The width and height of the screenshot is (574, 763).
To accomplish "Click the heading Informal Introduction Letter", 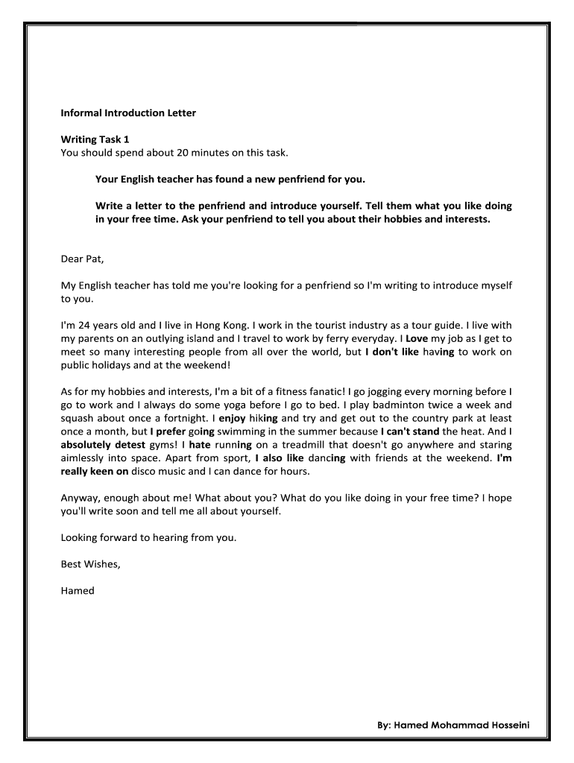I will pyautogui.click(x=127, y=113).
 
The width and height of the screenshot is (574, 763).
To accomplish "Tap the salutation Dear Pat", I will pyautogui.click(x=83, y=259).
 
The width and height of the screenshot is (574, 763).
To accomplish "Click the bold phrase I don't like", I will pyautogui.click(x=392, y=352).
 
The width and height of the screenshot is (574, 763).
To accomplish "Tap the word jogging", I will pyautogui.click(x=382, y=390).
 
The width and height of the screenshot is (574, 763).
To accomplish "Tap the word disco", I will pyautogui.click(x=149, y=471).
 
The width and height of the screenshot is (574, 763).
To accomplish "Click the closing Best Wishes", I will pyautogui.click(x=90, y=563).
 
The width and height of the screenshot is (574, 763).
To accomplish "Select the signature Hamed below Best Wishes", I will pyautogui.click(x=78, y=590).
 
